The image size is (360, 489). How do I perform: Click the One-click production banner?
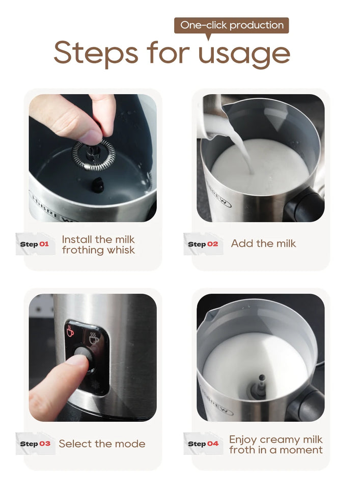pos(232,25)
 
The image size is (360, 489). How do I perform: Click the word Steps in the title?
pos(96,52)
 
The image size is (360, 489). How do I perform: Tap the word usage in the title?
pos(244,53)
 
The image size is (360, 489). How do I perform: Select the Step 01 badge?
pos(35,244)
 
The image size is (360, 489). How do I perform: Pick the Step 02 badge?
pos(203,244)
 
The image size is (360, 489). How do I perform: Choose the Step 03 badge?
pos(35,444)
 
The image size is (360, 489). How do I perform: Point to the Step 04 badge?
pos(203,444)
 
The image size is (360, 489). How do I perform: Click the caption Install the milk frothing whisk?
pos(98,244)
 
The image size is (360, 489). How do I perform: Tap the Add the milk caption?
pos(263,243)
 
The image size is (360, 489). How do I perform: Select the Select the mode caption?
pos(102,444)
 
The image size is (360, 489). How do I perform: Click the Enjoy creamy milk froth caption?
pos(275,444)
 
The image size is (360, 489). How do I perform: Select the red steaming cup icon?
pos(71,331)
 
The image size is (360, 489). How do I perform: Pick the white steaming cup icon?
pos(94,338)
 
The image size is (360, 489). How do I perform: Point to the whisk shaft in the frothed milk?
pos(262,385)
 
